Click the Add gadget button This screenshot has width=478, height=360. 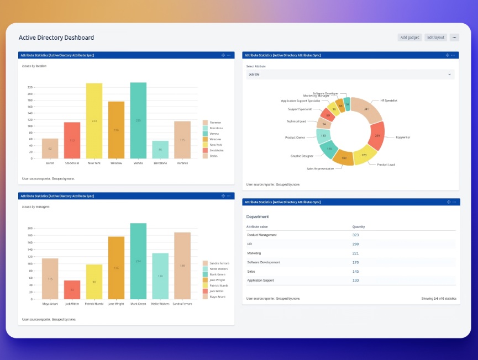click(409, 38)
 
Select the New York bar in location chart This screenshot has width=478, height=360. click(94, 121)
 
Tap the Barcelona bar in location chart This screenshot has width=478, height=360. click(160, 150)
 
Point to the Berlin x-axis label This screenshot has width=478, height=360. click(50, 163)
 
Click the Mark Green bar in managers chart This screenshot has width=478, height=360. click(138, 261)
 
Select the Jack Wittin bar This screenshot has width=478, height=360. click(72, 289)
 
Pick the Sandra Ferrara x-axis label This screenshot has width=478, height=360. click(182, 304)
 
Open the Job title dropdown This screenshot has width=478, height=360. click(350, 74)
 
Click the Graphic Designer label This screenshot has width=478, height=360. click(302, 156)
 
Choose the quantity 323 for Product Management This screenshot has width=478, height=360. click(356, 235)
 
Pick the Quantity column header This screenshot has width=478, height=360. click(359, 226)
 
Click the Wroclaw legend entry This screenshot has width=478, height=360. click(212, 139)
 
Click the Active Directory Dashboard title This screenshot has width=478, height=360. click(56, 38)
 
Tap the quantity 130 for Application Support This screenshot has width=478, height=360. click(356, 280)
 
